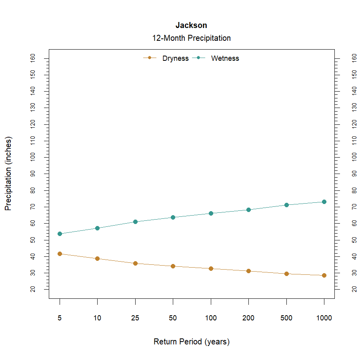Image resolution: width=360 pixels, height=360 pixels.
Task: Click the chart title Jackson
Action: coord(191,26)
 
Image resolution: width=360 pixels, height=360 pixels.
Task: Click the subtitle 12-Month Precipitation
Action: coord(191,38)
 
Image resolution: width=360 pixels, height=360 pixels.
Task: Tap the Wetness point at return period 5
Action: coord(60,234)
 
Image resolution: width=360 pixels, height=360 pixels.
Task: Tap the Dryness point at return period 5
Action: coord(60,254)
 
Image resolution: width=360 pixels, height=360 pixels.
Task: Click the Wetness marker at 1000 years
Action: coord(324,202)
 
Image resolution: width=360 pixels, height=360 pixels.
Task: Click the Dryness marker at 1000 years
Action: coord(324,275)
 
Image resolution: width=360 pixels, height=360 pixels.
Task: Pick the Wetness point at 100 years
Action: coord(211,213)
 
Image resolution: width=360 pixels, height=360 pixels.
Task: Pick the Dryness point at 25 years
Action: coord(135,263)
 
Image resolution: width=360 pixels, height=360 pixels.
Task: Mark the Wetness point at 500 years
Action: coord(286,205)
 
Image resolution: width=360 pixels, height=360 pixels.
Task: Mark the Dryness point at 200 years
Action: coord(248,271)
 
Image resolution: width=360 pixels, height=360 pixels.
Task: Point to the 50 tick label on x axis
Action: coord(173,318)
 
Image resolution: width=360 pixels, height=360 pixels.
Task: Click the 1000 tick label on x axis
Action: coord(324,318)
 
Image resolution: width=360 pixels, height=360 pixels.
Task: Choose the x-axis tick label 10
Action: coord(97,318)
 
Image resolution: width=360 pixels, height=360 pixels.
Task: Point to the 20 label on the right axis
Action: coord(354,289)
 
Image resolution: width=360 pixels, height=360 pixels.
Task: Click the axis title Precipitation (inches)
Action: coord(8,174)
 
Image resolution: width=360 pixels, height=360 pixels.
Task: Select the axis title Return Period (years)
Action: coord(191,342)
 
